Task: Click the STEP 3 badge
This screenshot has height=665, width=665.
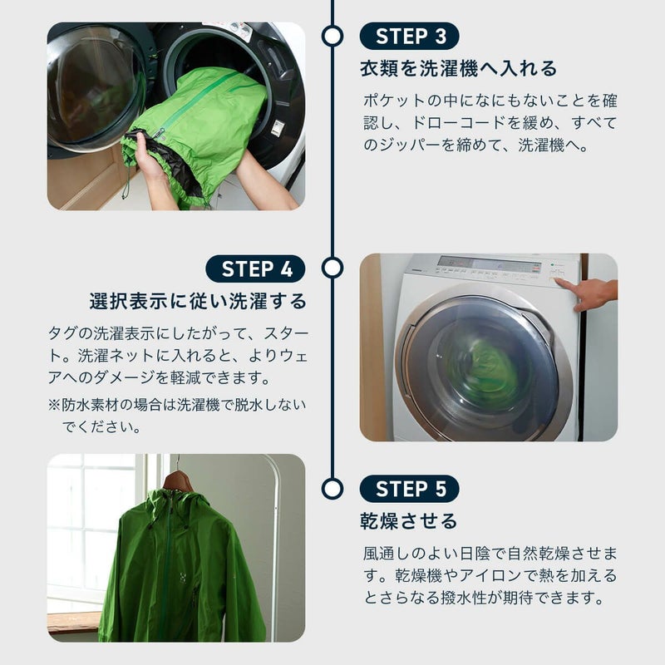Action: pos(409,36)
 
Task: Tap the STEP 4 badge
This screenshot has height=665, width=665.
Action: pos(255,268)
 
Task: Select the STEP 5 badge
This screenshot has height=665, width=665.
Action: pos(409,489)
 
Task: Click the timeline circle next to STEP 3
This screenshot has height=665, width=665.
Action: pos(332,36)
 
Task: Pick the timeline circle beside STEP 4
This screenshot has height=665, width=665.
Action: pos(332,268)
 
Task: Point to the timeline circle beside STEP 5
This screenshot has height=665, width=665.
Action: pos(332,489)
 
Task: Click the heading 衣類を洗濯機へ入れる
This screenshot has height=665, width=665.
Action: pos(459,68)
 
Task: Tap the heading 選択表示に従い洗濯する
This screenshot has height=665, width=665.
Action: pos(198,301)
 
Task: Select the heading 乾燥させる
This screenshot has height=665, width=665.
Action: pos(409,521)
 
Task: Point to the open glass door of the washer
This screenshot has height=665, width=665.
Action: pos(93,89)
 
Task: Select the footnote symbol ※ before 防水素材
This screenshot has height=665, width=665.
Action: pos(54,405)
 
